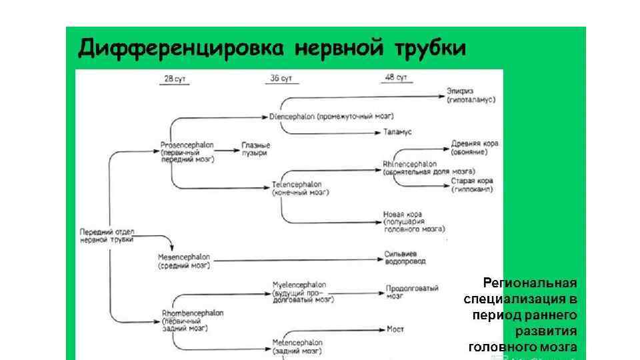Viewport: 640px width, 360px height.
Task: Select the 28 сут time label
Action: click(x=175, y=79)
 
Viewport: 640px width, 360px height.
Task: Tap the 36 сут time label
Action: click(x=281, y=79)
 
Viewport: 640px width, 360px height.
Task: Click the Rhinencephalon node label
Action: click(x=410, y=163)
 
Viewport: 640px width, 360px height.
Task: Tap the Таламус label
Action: click(x=398, y=132)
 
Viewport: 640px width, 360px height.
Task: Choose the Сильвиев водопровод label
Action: click(x=405, y=257)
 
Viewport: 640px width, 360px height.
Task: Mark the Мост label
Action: click(x=395, y=329)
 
